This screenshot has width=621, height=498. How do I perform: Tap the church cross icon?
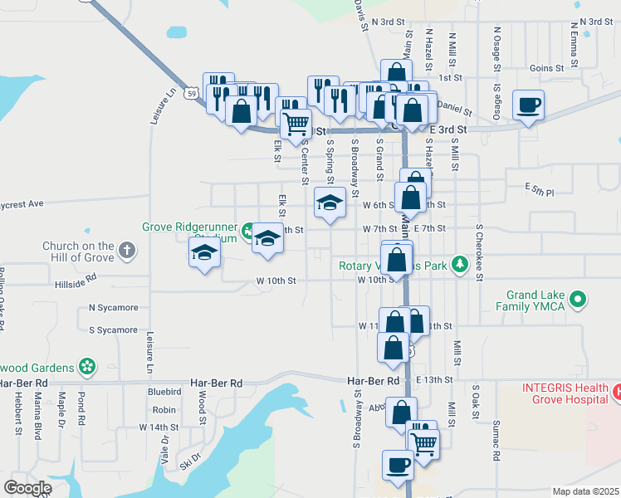tap(126, 250)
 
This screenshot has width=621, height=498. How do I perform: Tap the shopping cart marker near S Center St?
tap(296, 124)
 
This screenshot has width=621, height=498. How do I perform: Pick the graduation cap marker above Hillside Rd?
tap(204, 252)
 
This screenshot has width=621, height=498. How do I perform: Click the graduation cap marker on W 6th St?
tap(330, 203)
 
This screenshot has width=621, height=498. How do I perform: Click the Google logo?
tap(28, 488)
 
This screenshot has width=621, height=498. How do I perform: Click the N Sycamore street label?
tap(114, 308)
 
